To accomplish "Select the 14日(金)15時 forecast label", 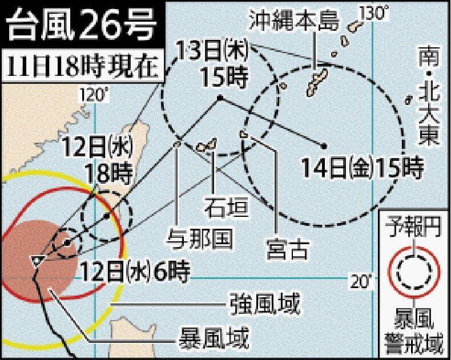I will pyautogui.click(x=363, y=169).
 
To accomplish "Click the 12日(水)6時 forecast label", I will pyautogui.click(x=135, y=270).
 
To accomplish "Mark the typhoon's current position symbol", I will pyautogui.click(x=37, y=260).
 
